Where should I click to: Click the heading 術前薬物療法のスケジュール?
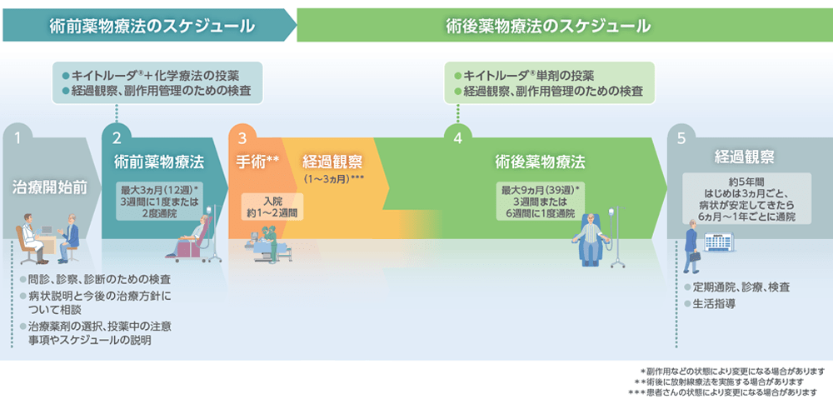[151, 26]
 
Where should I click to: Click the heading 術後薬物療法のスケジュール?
[547, 26]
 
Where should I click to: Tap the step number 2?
[117, 138]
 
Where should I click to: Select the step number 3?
[242, 138]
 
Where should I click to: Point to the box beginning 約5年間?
[745, 197]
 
